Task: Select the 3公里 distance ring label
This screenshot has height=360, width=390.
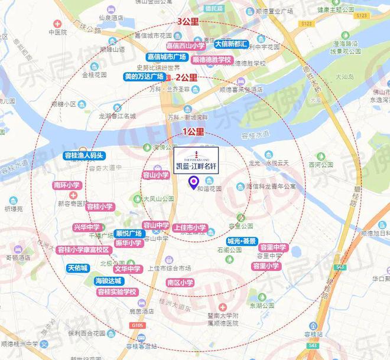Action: (x=188, y=22)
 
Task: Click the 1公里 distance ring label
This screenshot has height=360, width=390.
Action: (x=191, y=131)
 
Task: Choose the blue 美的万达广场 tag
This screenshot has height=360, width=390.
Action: (x=144, y=77)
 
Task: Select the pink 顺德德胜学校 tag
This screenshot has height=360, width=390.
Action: (x=212, y=60)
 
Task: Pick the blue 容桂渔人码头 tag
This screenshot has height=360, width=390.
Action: (x=83, y=156)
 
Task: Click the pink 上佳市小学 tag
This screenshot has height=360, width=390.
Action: (x=191, y=227)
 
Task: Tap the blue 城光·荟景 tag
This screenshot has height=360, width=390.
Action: (x=242, y=241)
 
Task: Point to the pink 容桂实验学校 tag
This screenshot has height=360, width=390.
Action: (x=116, y=292)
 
